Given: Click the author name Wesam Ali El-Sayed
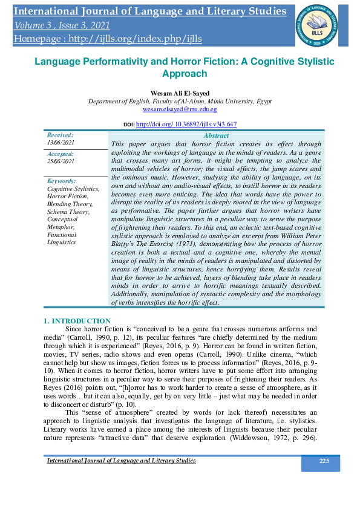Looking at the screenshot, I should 180,92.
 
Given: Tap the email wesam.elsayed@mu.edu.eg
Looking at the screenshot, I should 180,109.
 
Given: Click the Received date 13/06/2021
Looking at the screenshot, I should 61,142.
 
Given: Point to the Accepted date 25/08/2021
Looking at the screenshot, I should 61,161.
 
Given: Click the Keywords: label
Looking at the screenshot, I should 61,181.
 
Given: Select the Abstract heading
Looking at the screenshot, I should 216,136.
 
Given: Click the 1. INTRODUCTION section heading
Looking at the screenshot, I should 77,320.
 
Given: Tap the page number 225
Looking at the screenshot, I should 324,461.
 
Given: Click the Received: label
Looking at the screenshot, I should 60,135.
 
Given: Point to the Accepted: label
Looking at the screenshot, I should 61,154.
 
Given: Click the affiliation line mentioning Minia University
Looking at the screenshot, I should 180,101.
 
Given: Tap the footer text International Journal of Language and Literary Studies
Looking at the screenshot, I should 122,461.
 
